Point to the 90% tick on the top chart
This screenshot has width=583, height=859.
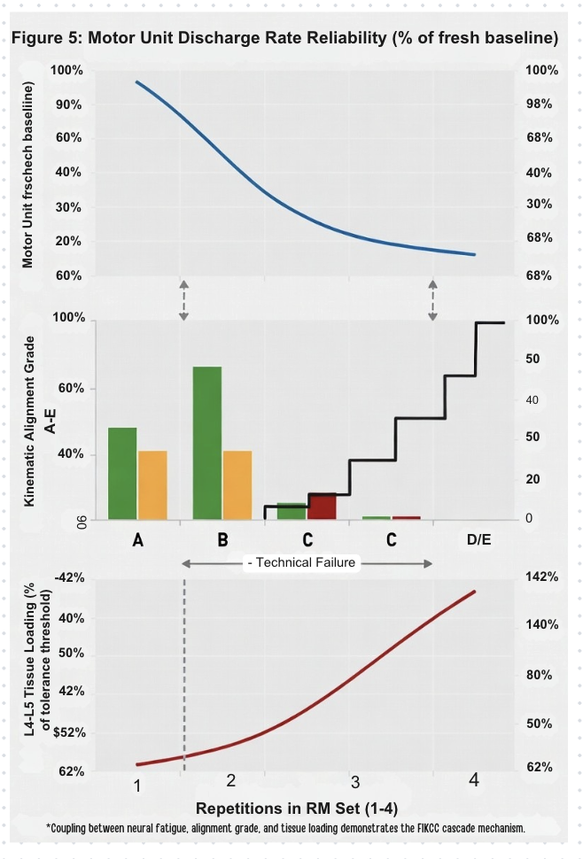[x=70, y=104]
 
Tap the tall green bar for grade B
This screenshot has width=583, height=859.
[x=206, y=443]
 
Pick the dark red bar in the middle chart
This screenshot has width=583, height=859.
[x=322, y=507]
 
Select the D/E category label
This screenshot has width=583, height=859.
[x=478, y=540]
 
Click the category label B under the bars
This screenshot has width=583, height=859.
[x=222, y=540]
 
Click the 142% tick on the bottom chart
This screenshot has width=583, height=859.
[x=540, y=577]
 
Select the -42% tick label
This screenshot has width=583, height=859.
[x=68, y=577]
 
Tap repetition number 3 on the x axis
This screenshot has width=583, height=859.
[x=354, y=782]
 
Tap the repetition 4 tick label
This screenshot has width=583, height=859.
[x=474, y=780]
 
